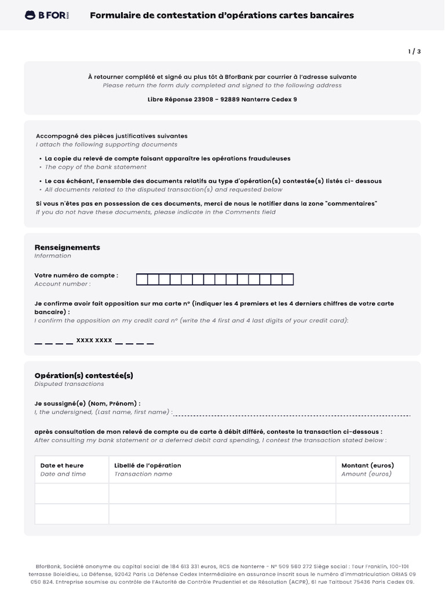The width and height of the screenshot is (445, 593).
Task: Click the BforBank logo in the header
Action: (x=47, y=16)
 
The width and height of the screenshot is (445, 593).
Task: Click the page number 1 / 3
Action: (x=414, y=52)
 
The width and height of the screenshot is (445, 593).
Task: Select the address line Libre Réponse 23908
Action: (x=222, y=99)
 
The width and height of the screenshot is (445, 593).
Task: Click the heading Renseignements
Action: (x=67, y=247)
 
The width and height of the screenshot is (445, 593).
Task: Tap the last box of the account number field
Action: (x=287, y=280)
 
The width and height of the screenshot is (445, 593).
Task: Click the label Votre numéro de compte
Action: (x=76, y=276)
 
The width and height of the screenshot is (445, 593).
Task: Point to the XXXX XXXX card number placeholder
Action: (x=94, y=341)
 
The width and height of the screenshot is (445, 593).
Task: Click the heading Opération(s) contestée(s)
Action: (x=83, y=375)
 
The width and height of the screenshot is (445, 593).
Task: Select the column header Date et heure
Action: (x=62, y=465)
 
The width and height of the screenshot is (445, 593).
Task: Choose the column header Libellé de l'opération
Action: (x=148, y=465)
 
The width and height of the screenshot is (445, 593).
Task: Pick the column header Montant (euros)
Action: (x=367, y=465)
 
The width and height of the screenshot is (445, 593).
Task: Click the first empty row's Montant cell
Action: (x=372, y=493)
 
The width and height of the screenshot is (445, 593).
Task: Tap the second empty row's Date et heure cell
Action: (x=72, y=514)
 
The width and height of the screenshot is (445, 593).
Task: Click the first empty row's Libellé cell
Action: (x=222, y=493)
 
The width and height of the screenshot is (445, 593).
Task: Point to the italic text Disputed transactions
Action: (x=69, y=384)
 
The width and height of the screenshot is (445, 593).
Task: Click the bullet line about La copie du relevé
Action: (x=167, y=158)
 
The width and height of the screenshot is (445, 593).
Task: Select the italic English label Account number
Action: (x=62, y=284)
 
